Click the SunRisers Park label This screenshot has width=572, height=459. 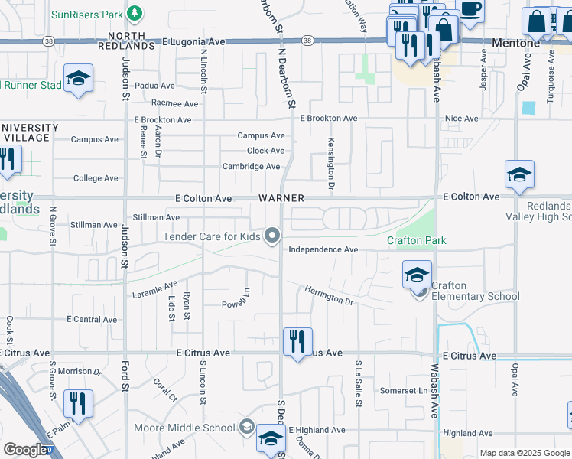coord(87,15)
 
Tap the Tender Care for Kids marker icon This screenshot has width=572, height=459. coord(271,236)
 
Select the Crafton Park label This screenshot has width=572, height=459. coord(416,241)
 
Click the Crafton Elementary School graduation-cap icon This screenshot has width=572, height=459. coord(417,275)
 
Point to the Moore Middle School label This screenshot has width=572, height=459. coord(184,427)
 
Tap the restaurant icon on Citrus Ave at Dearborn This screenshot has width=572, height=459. coord(297,341)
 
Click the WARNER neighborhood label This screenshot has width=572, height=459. coord(281,198)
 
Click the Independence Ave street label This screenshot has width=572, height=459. coord(323,250)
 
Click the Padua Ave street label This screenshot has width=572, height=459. coord(154,86)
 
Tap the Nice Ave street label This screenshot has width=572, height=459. coord(461,119)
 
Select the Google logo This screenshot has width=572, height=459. coord(25,450)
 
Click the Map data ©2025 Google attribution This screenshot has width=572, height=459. coord(524,453)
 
